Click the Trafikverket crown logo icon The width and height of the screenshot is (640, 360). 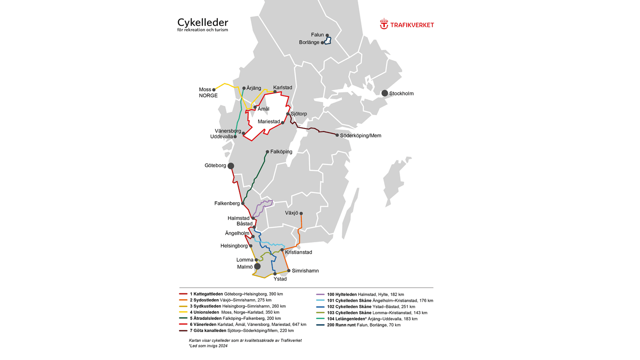pyautogui.click(x=384, y=24)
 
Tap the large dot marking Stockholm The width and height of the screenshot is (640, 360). pyautogui.click(x=384, y=93)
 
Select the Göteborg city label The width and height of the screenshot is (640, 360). pyautogui.click(x=215, y=165)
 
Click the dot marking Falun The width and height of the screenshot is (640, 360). pyautogui.click(x=327, y=35)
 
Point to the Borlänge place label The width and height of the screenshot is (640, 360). pyautogui.click(x=309, y=43)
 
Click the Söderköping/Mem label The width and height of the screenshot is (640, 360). pyautogui.click(x=360, y=136)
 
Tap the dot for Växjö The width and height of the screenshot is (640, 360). pyautogui.click(x=301, y=213)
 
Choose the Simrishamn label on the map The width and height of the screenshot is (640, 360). pyautogui.click(x=305, y=271)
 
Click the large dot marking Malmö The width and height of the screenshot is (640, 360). pyautogui.click(x=257, y=266)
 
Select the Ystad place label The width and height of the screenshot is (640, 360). pyautogui.click(x=280, y=279)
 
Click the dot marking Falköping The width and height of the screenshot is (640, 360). pyautogui.click(x=267, y=152)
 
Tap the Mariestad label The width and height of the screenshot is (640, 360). pyautogui.click(x=269, y=122)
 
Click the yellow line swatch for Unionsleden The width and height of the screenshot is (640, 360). pyautogui.click(x=183, y=312)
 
